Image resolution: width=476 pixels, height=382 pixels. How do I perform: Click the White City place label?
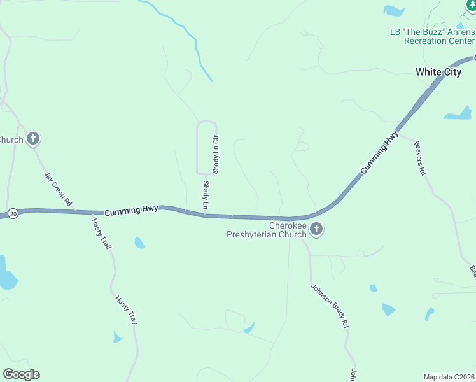pos(438,72)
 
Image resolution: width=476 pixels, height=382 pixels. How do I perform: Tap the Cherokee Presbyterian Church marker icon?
pos(316,230)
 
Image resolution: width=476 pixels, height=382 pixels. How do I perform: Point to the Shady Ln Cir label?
pos(216,155)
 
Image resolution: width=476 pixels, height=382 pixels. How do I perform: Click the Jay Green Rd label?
pos(58,188)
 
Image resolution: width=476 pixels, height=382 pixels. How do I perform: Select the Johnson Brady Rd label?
pos(330,305)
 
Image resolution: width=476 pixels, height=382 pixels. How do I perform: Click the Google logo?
pos(21,374)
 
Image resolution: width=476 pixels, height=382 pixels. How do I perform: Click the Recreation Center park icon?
pos(470,6)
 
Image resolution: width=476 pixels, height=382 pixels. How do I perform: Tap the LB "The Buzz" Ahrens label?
pos(432,32)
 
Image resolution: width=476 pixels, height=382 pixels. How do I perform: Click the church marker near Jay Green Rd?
pos(33,139)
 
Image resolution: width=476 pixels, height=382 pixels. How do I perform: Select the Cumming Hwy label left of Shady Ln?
pos(131,210)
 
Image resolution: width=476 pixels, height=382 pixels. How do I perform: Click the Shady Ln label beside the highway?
pos(206,195)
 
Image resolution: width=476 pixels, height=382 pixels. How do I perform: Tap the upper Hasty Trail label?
pos(101,233)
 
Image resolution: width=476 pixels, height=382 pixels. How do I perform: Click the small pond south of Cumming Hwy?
pos(139,243)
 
